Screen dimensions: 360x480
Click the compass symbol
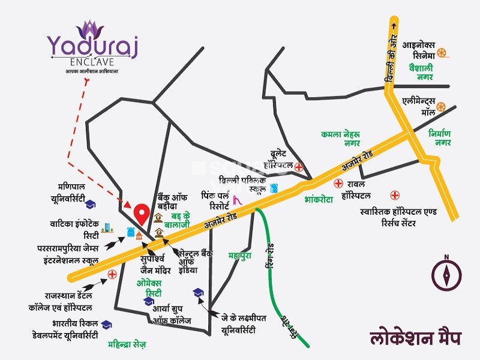coord(446,274)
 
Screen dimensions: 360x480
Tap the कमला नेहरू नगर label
coord(340,138)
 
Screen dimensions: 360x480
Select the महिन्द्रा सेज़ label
coord(127,345)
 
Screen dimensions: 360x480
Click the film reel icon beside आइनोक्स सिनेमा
coord(442,52)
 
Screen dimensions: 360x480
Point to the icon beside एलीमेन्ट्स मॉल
coord(442,107)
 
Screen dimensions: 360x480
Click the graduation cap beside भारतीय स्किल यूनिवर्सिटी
coord(106,325)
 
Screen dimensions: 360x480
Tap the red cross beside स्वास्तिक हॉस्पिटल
coord(395,195)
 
